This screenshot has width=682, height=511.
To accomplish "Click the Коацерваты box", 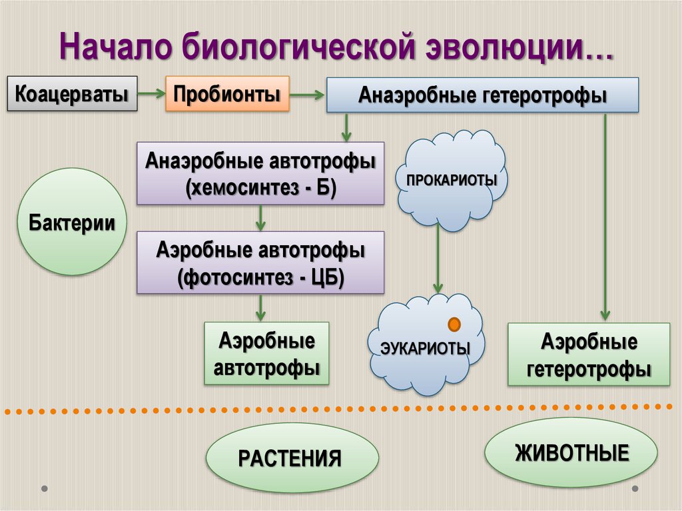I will point(72,93).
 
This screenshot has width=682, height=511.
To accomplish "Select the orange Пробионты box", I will point(226,93).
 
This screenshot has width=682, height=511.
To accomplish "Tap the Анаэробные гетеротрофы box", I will point(482,95).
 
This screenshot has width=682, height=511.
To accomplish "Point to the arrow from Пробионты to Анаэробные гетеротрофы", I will point(307,95).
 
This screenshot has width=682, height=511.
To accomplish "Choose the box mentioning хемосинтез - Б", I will point(260,173).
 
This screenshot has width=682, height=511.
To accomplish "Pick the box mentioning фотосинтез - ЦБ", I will point(260,262).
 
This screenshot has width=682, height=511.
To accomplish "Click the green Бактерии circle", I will point(71,222).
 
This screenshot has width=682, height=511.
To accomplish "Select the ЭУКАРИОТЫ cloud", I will point(426,347).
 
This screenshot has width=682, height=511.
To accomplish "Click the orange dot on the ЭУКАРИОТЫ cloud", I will point(455,324).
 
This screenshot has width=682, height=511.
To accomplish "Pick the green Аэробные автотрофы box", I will point(266,353).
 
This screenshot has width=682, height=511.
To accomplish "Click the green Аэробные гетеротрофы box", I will point(589,354).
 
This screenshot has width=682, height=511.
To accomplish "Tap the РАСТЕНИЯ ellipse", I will point(291,458).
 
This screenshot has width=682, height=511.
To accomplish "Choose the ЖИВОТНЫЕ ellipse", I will point(571,454).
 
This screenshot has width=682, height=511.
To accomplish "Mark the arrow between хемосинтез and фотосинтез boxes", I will point(260,218).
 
